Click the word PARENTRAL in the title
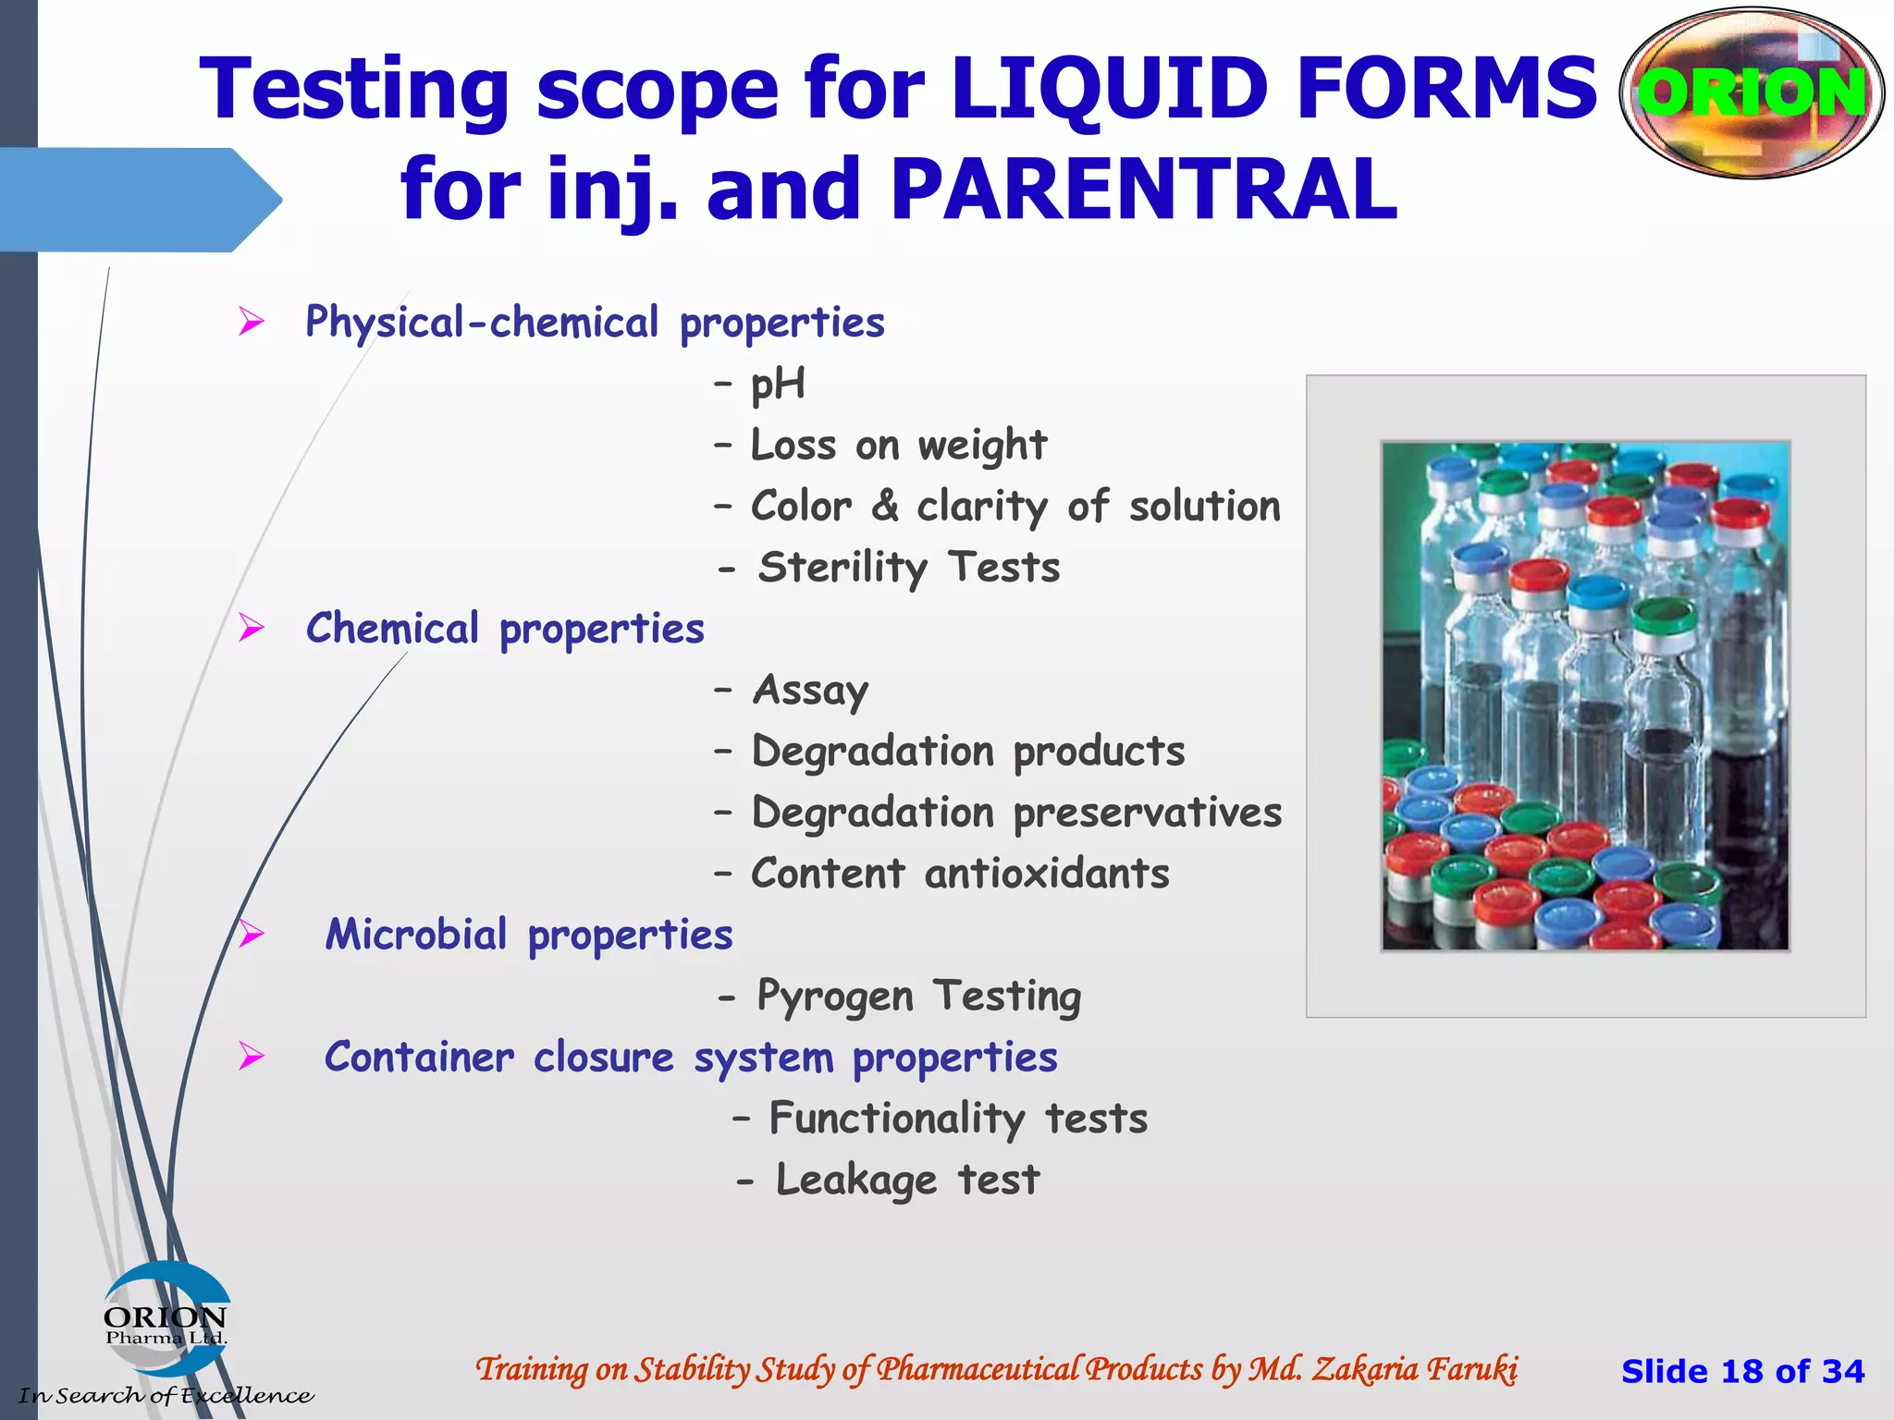pyautogui.click(x=1143, y=190)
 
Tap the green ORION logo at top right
pyautogui.click(x=1752, y=92)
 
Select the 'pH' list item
pyautogui.click(x=777, y=384)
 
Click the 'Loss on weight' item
pyautogui.click(x=898, y=446)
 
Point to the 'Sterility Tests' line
pyautogui.click(x=908, y=568)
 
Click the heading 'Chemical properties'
pyautogui.click(x=505, y=629)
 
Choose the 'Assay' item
pyautogui.click(x=810, y=691)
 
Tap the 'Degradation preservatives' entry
pyautogui.click(x=1016, y=813)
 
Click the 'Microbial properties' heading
pyautogui.click(x=529, y=935)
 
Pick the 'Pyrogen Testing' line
pyautogui.click(x=918, y=997)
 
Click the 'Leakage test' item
pyautogui.click(x=907, y=1181)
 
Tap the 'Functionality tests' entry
pyautogui.click(x=958, y=1119)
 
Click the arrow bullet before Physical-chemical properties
pyautogui.click(x=251, y=322)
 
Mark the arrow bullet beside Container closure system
pyautogui.click(x=251, y=1056)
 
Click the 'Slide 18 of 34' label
pyautogui.click(x=1742, y=1371)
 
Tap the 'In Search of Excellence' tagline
pyautogui.click(x=166, y=1395)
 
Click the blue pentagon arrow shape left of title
pyautogui.click(x=139, y=200)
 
